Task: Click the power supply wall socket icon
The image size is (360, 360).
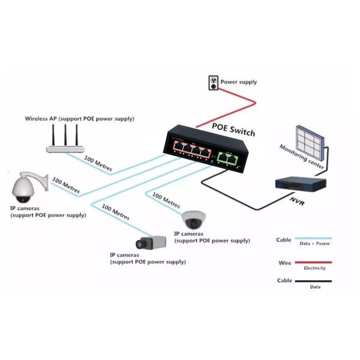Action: tap(212, 83)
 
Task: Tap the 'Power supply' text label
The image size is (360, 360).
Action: tap(239, 82)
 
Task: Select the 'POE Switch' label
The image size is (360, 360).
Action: tap(233, 132)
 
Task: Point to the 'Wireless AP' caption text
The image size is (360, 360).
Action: tap(79, 119)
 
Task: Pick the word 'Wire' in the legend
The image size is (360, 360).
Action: tap(284, 263)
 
